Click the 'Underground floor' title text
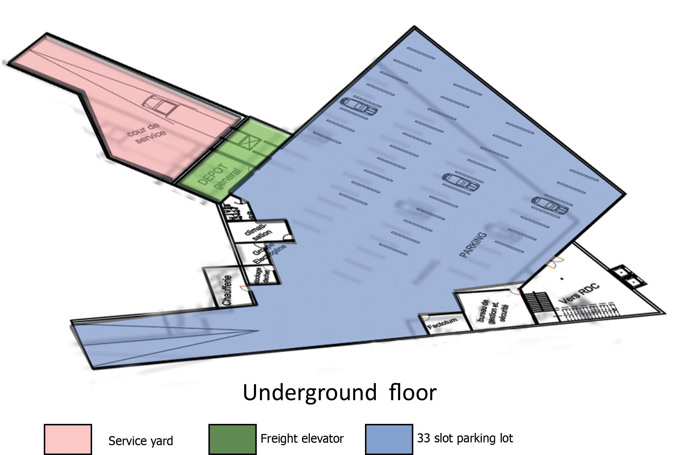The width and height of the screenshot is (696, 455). (339, 392)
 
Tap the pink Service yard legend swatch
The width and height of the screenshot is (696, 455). (68, 439)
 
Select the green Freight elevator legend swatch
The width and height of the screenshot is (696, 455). (232, 439)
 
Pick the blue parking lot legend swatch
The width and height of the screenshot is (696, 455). (389, 439)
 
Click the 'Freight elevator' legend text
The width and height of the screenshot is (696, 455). (302, 439)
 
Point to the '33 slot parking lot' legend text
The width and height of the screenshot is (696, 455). (465, 438)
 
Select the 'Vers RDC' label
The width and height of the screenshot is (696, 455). (579, 293)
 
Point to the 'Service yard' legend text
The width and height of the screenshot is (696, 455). (140, 441)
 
